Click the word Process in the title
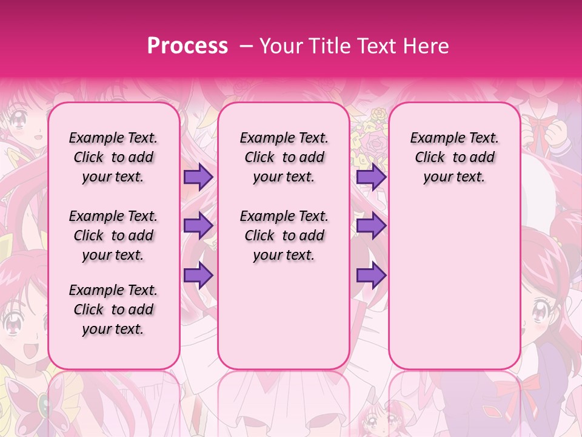pyautogui.click(x=187, y=46)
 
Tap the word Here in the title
pyautogui.click(x=428, y=46)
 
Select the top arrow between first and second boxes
pyautogui.click(x=198, y=177)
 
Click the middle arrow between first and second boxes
pyautogui.click(x=198, y=226)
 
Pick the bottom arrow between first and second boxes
pyautogui.click(x=198, y=275)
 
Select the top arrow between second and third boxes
pyautogui.click(x=370, y=177)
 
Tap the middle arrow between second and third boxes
pyautogui.click(x=370, y=226)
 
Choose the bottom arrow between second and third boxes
pyautogui.click(x=370, y=275)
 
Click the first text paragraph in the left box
pyautogui.click(x=113, y=157)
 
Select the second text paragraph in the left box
pyautogui.click(x=113, y=235)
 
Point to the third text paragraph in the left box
pyautogui.click(x=113, y=310)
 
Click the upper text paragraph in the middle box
pyautogui.click(x=284, y=157)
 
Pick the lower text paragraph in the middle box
pyautogui.click(x=284, y=235)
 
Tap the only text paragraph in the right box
pyautogui.click(x=455, y=157)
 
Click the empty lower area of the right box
pyautogui.click(x=455, y=285)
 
